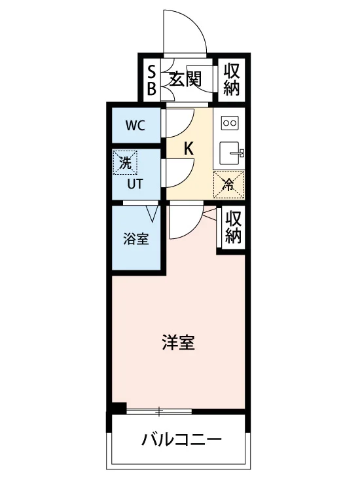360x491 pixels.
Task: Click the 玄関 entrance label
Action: coord(185,79)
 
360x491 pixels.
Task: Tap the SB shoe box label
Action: coord(151,81)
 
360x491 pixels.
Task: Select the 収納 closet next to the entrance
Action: coord(232,79)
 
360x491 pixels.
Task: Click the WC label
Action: coord(135,126)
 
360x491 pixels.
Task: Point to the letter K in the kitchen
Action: coord(189,149)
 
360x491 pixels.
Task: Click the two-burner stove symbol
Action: coord(230,123)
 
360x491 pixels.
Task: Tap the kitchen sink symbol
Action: coord(231,153)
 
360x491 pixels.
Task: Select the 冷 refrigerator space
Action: coord(229,185)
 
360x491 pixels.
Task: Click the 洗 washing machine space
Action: coord(125,162)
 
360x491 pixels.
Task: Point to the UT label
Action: coord(135,184)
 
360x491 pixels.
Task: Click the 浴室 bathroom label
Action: coord(136,239)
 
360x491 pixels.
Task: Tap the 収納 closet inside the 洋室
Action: coord(233,227)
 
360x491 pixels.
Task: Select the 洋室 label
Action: coord(179,342)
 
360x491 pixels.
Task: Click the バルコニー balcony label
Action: coord(181,440)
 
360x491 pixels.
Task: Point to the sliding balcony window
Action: coord(159,411)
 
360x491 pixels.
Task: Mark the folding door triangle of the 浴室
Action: coord(153,214)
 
